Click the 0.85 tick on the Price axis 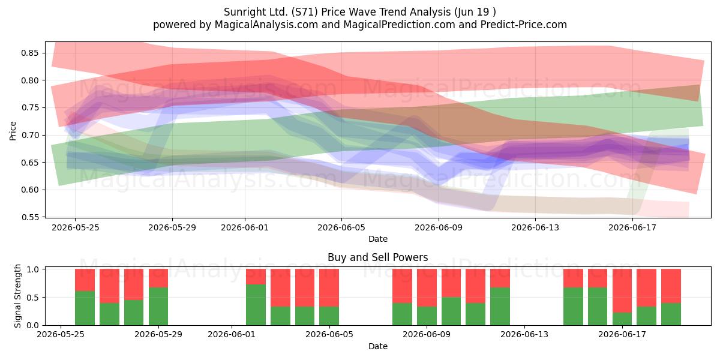[29, 53]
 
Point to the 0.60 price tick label [29, 190]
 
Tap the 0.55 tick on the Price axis [29, 217]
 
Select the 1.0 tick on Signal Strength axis [33, 269]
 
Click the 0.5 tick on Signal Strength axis [33, 298]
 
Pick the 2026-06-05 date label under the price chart [341, 227]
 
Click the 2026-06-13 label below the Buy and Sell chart [524, 334]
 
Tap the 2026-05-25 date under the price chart [76, 227]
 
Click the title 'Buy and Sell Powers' [377, 257]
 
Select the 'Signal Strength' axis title [17, 296]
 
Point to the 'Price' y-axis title [13, 131]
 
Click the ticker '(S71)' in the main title [304, 12]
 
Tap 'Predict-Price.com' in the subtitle [524, 25]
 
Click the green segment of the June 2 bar [256, 305]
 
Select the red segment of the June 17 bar [622, 290]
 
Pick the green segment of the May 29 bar [158, 307]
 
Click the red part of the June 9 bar [427, 287]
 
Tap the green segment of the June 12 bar [500, 307]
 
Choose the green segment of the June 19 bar [671, 314]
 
